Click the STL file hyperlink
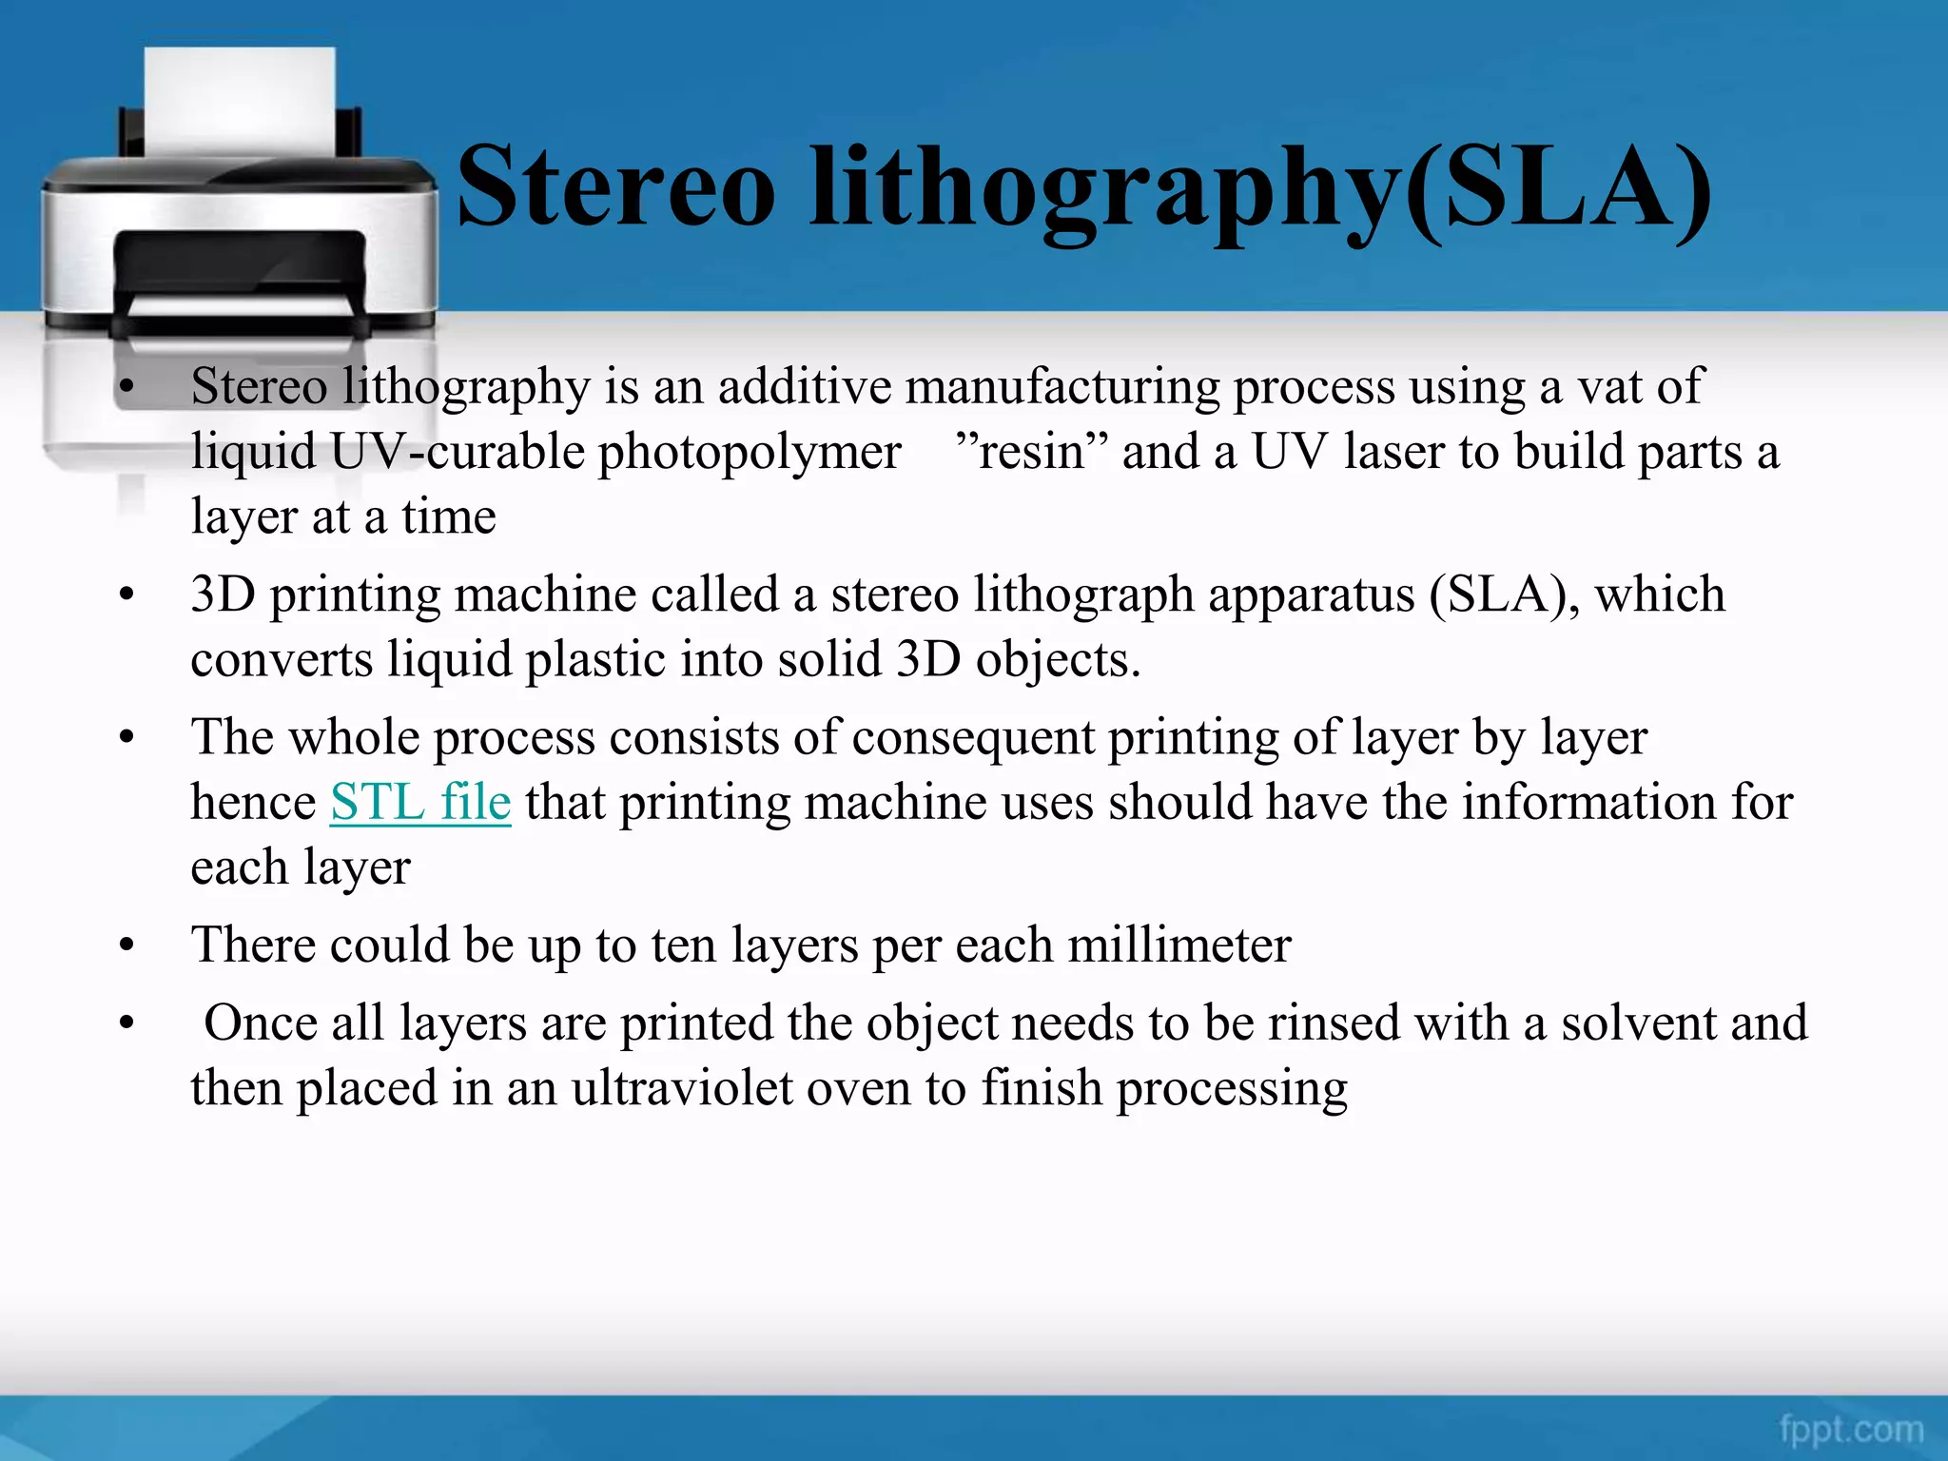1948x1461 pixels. [420, 801]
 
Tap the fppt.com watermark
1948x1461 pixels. [1851, 1429]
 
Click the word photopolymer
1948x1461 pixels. [750, 451]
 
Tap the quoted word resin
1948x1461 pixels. [1031, 451]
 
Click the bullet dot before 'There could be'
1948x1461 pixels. [127, 946]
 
